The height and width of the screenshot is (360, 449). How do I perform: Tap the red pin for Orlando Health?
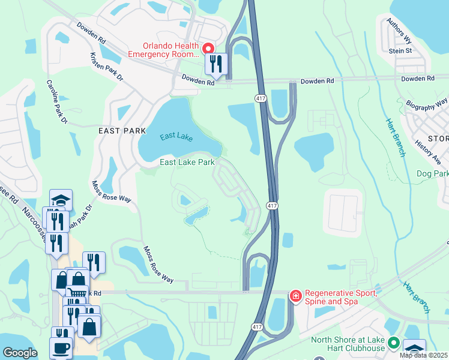pos(208,48)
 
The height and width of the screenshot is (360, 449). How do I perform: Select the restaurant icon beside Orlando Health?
pos(216,64)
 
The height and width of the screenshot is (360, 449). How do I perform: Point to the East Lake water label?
pos(176,137)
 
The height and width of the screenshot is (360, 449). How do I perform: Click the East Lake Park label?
pos(187,162)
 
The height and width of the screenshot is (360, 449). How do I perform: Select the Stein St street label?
pos(400,51)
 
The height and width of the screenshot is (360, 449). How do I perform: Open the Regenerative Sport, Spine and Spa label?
pos(341,298)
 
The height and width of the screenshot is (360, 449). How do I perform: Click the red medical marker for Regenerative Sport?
pos(295,296)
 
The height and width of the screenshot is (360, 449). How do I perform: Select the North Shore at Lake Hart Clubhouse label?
pos(348,345)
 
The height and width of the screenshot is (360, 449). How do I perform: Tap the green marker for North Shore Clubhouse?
pos(394,344)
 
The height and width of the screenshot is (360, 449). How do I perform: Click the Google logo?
pos(20,353)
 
